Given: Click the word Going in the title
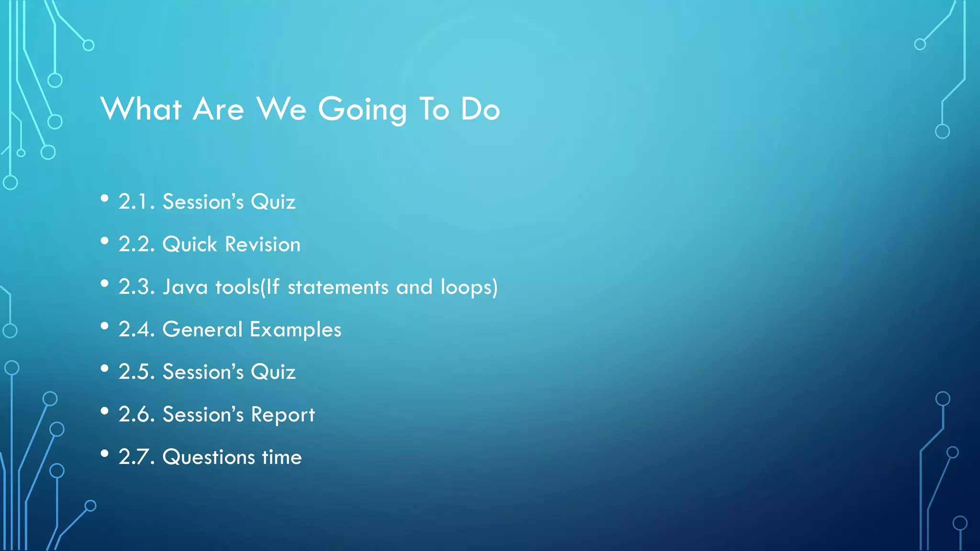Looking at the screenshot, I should pos(362,110).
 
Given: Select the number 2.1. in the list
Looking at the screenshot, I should pos(137,202).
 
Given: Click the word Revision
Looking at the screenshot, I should pos(263,244).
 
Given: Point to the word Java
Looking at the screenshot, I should pos(185,287).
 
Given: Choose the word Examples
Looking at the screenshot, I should pos(295,330).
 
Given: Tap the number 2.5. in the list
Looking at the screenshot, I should pos(137,372).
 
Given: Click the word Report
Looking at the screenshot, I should pos(283,415).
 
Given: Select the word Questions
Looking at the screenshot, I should pos(209,457).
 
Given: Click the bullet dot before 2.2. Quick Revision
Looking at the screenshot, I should pos(105,241).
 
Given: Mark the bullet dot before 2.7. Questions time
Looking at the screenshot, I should pos(105,454).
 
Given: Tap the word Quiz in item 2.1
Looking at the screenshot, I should pos(273,202).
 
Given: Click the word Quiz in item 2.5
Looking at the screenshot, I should pos(273,372).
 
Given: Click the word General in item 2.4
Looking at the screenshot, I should pos(203,330).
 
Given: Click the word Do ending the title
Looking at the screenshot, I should pos(480,109).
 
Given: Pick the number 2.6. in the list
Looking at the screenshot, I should pos(137,415).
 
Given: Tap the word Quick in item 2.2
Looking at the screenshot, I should pos(190,244).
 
